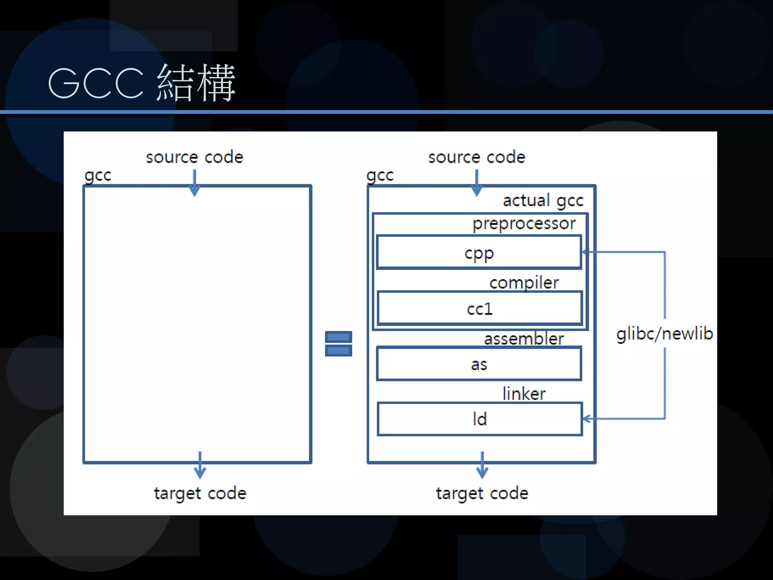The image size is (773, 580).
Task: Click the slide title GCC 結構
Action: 142,83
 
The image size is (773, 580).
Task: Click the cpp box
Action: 479,253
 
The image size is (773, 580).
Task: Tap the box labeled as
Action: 479,364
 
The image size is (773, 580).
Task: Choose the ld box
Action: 479,419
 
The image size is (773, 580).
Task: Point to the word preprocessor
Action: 524,224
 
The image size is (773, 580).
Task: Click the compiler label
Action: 524,282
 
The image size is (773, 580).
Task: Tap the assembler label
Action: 524,338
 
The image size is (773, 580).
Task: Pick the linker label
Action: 524,394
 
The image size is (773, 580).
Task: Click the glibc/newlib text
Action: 664,334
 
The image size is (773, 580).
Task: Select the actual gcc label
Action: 543,201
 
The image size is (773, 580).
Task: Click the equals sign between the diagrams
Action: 338,343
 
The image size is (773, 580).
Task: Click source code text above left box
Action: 194,157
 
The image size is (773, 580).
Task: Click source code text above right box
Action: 476,157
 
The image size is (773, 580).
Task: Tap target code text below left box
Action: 200,493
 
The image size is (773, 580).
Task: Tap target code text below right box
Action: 482,493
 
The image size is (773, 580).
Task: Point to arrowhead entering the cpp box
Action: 585,252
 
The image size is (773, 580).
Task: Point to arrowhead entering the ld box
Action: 586,418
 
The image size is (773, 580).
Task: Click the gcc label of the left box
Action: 98,175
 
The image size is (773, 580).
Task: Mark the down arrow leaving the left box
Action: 200,468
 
